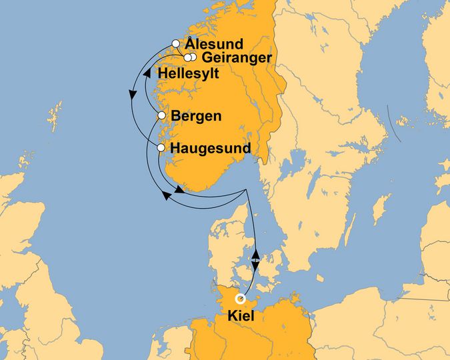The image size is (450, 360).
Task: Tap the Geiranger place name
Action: [x=236, y=58]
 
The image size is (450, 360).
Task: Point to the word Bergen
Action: [x=196, y=117]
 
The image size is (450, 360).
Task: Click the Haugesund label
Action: [x=211, y=148]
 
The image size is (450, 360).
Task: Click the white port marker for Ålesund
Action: [x=176, y=44]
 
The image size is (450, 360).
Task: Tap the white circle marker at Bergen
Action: [x=161, y=117]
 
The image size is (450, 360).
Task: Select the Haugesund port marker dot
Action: [x=161, y=147]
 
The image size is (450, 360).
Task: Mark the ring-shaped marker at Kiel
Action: [x=240, y=299]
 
